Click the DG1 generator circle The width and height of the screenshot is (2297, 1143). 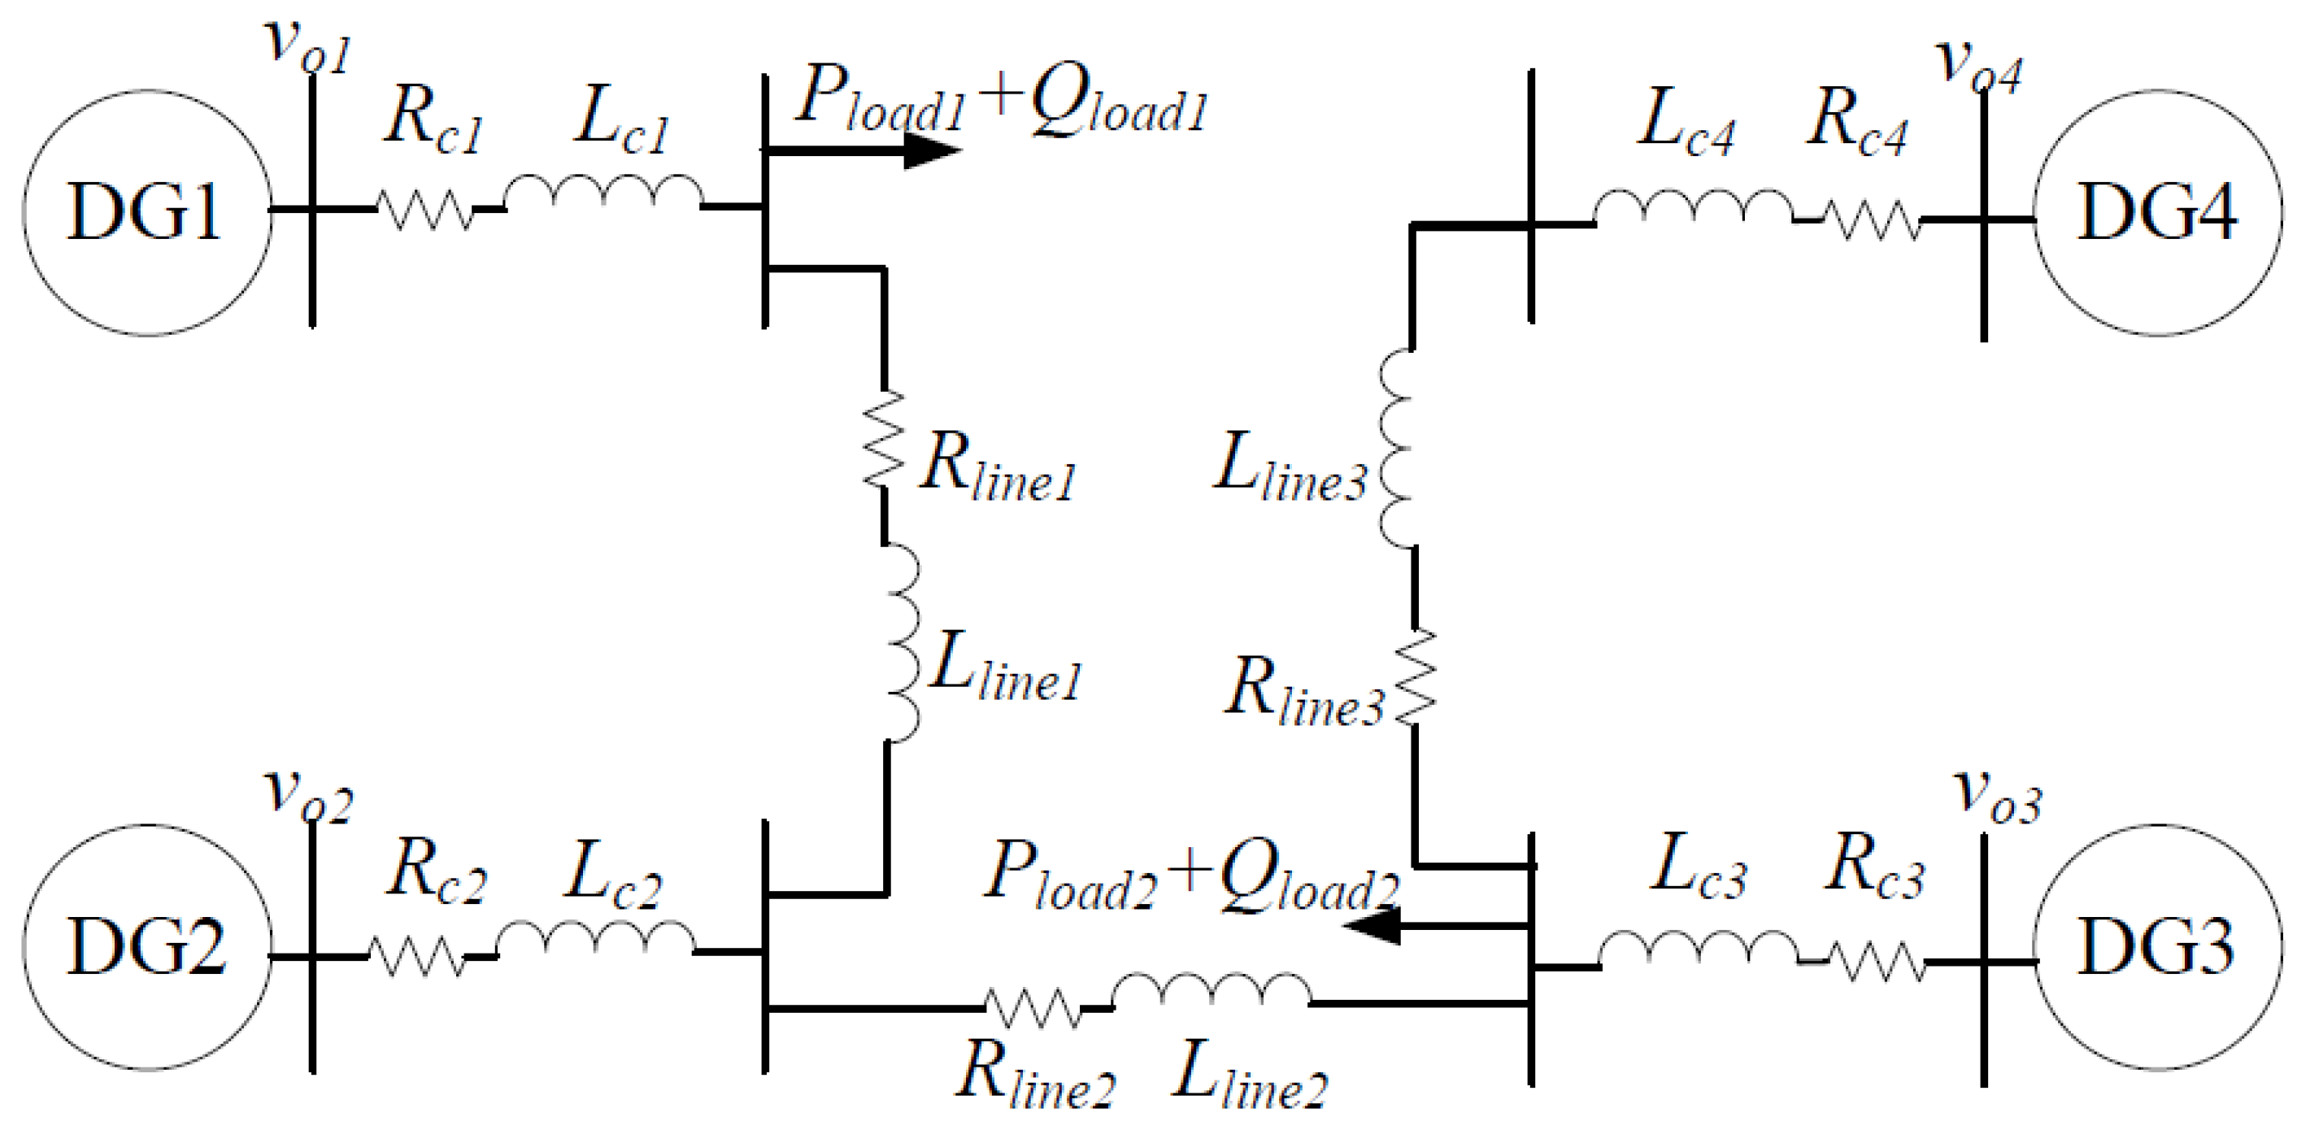147,213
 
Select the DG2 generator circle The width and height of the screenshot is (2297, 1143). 147,947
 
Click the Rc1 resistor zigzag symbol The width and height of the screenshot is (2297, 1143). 425,211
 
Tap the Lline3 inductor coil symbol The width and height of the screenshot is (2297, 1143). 1397,448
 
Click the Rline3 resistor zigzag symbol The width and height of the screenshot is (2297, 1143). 1415,678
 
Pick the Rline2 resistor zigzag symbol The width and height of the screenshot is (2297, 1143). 1032,1007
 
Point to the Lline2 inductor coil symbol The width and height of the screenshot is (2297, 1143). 1211,993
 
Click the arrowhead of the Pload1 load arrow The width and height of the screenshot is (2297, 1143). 932,150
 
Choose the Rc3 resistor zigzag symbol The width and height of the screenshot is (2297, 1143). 1876,962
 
